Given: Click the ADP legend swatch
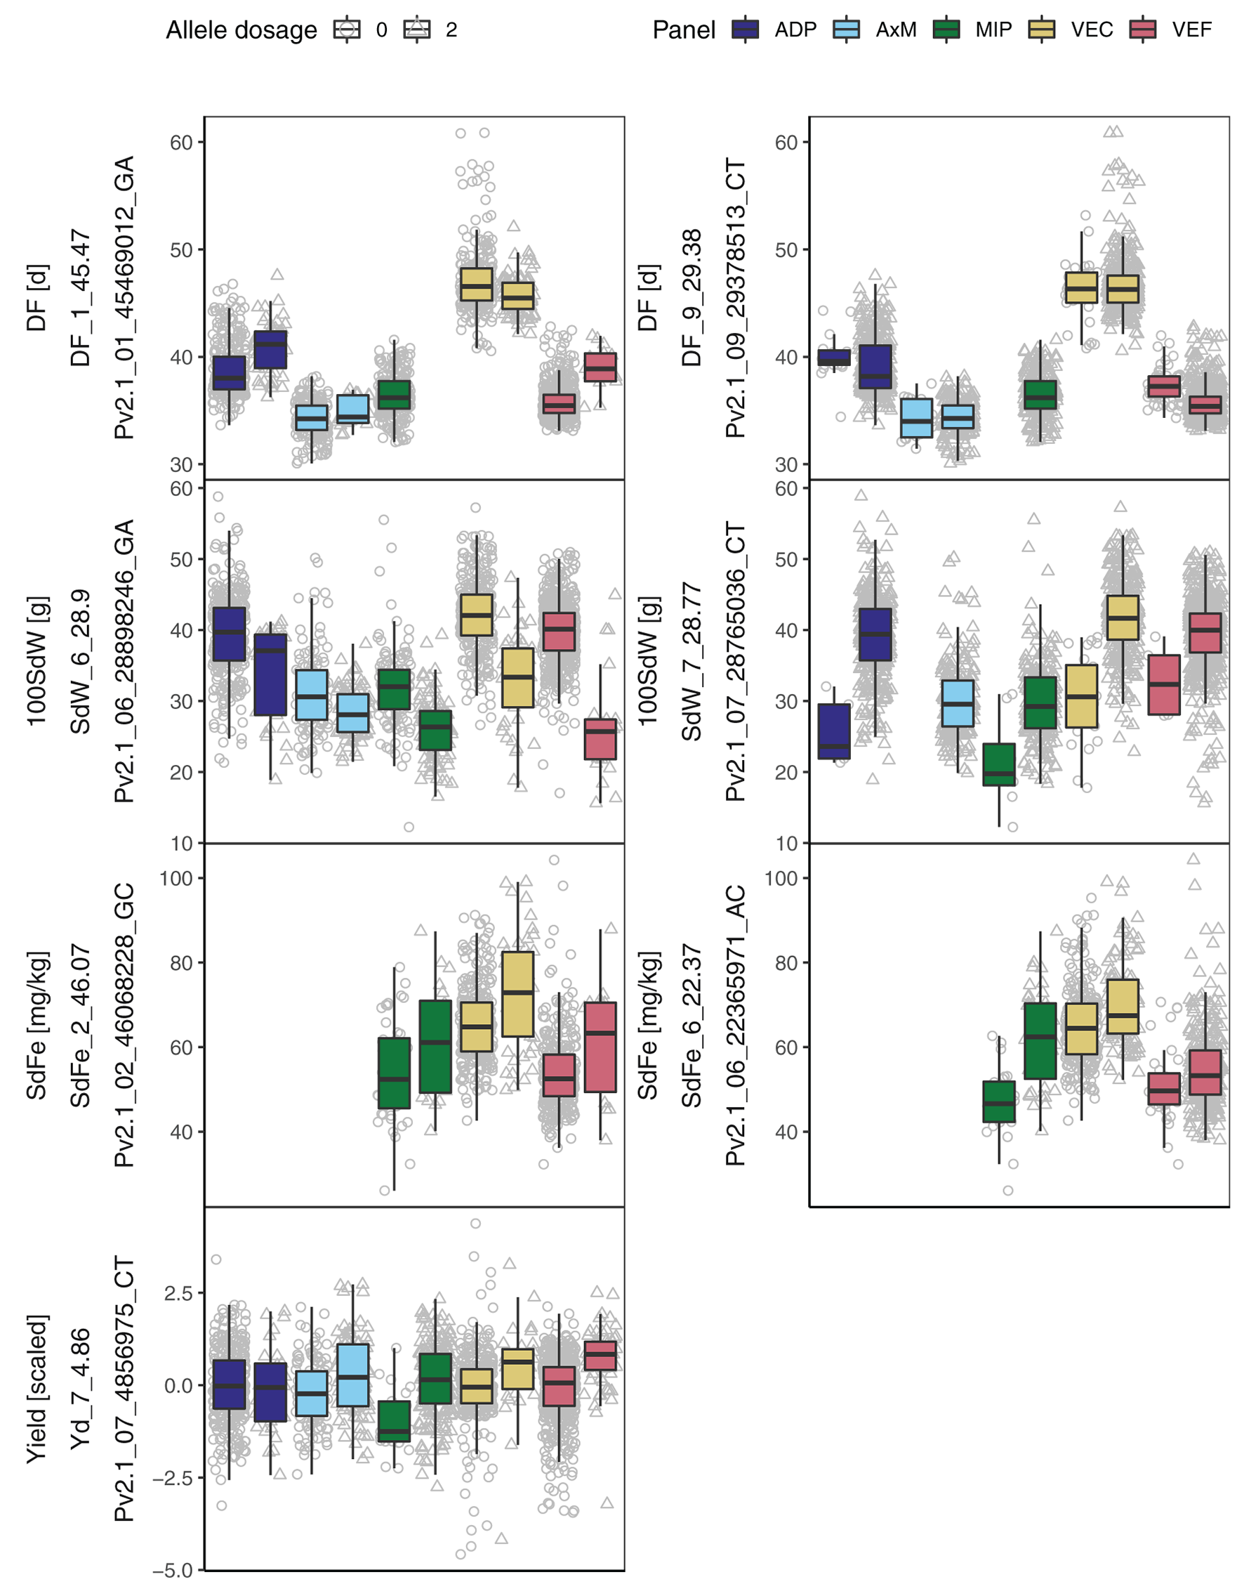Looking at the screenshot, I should [x=744, y=30].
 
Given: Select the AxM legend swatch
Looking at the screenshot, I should [x=846, y=30].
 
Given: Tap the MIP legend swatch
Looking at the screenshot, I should [x=947, y=30].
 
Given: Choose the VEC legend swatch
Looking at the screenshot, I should [x=1043, y=30].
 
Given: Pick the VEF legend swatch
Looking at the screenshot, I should [x=1143, y=30].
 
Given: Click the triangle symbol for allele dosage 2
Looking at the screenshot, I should [x=417, y=30].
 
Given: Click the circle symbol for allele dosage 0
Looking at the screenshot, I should [x=347, y=30].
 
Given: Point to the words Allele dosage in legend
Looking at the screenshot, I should [x=241, y=30].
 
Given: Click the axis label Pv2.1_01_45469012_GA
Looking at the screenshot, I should [x=124, y=297].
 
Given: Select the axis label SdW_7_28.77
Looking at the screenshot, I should [x=692, y=662].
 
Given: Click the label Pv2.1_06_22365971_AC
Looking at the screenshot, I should [x=736, y=1026].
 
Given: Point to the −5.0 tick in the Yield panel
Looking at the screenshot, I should [x=173, y=1570].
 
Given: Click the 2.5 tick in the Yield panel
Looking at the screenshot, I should [x=178, y=1294].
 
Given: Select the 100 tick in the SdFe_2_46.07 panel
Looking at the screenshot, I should [x=176, y=878].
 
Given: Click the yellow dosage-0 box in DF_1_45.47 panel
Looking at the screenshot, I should [x=477, y=284].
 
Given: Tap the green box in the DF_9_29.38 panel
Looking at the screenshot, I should [x=1040, y=394].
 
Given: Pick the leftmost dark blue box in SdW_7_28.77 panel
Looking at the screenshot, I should [x=834, y=731].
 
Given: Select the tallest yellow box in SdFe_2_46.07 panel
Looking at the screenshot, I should [x=518, y=994].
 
